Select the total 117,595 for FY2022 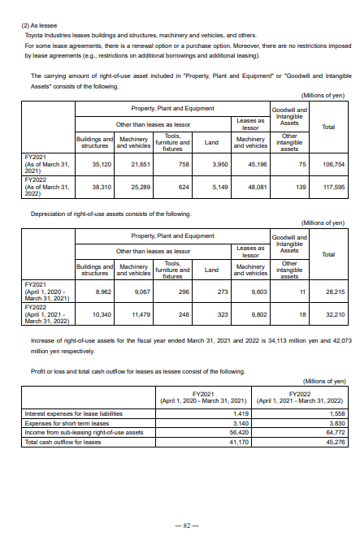(x=333, y=186)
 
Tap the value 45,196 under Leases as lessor (x=255, y=164)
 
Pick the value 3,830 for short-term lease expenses (x=335, y=423)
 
